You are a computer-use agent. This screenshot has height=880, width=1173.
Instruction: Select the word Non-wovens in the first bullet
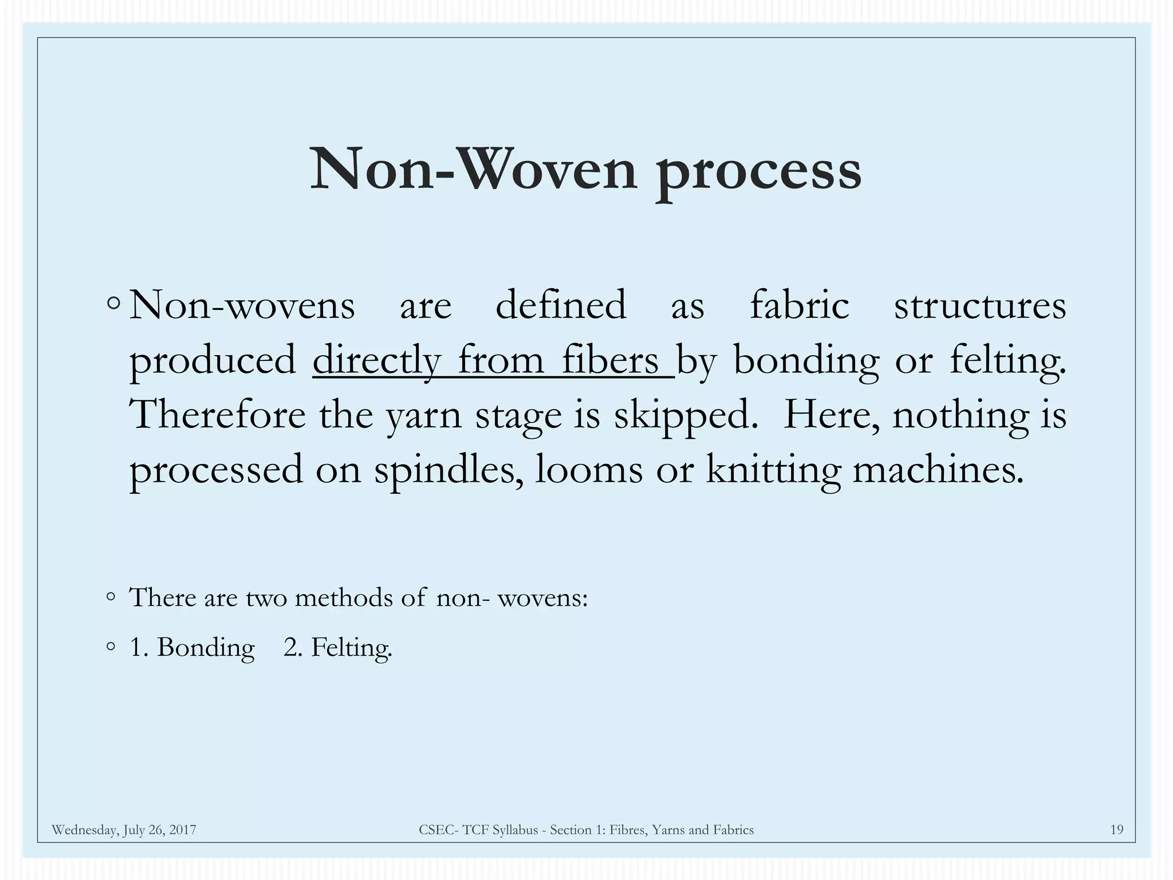click(x=242, y=305)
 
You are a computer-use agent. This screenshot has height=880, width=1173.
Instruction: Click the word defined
click(x=560, y=305)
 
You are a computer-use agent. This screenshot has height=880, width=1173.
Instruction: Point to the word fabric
click(x=799, y=305)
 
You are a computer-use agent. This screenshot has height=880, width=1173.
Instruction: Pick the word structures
click(x=979, y=305)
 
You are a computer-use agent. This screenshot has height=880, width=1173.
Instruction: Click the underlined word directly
click(x=376, y=361)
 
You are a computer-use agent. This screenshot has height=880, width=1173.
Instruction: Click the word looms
click(x=588, y=470)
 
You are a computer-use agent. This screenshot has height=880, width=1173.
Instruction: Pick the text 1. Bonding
click(x=192, y=648)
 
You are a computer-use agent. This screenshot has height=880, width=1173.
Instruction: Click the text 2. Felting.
click(x=338, y=648)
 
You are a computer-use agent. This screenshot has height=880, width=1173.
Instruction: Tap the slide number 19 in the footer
click(x=1116, y=830)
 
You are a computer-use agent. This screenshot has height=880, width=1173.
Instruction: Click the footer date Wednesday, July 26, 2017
click(x=124, y=830)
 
